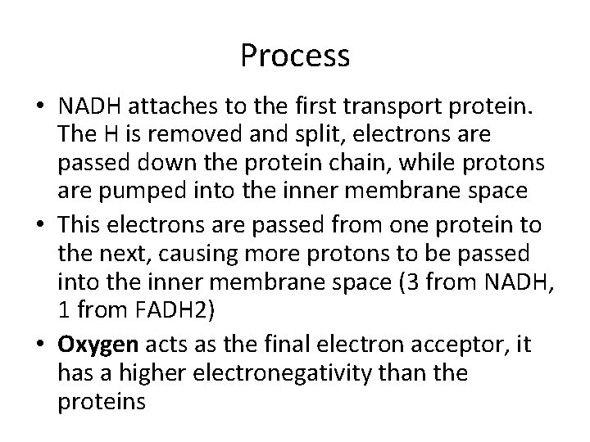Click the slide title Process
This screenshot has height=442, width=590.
[295, 56]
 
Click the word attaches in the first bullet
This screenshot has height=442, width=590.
[160, 106]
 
